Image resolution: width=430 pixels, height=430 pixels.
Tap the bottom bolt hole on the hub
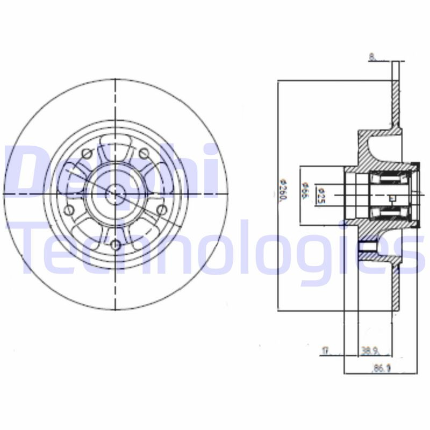pos(116,245)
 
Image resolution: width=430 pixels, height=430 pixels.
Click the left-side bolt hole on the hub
pos(68,210)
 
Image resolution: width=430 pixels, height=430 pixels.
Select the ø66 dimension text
pos(304,192)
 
